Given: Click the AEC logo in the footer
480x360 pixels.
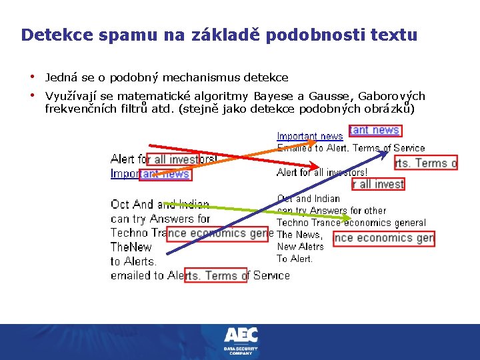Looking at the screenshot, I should click(x=241, y=335).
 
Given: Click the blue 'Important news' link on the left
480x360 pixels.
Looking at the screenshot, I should click(x=150, y=174).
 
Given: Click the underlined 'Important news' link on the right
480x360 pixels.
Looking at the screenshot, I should click(x=310, y=137).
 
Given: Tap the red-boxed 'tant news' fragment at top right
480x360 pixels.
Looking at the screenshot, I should click(x=375, y=131).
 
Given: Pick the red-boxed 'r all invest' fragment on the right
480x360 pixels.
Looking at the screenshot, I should click(x=379, y=184).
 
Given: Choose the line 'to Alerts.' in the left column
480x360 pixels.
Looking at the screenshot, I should click(x=134, y=261).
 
